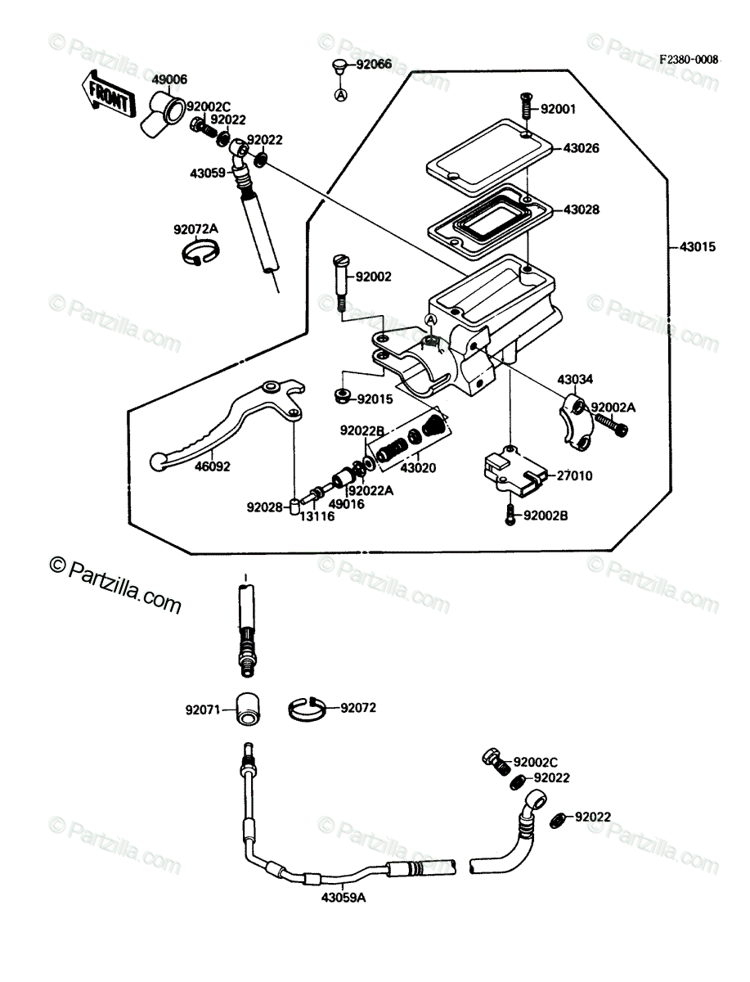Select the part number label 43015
pyautogui.click(x=698, y=246)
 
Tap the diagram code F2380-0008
pyautogui.click(x=689, y=60)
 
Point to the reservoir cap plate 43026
pyautogui.click(x=489, y=152)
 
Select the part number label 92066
pyautogui.click(x=374, y=64)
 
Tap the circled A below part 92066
pyautogui.click(x=341, y=94)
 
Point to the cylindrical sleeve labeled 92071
pyautogui.click(x=248, y=709)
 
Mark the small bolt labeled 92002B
pyautogui.click(x=510, y=514)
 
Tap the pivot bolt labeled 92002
pyautogui.click(x=341, y=282)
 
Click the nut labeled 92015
pyautogui.click(x=343, y=396)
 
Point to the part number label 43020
pyautogui.click(x=418, y=468)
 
